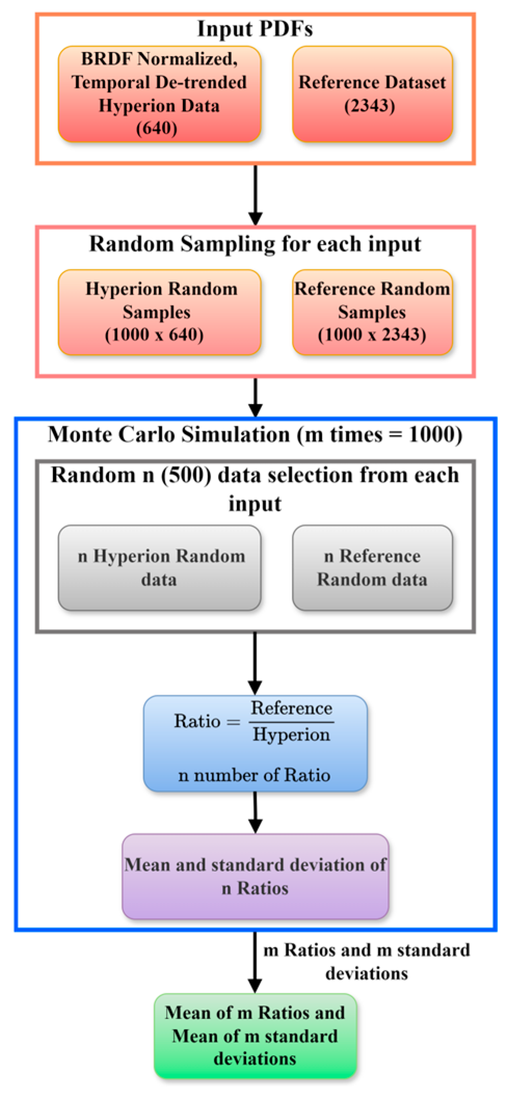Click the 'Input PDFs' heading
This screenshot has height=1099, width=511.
(255, 29)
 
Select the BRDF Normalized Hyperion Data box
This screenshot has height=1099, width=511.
(159, 94)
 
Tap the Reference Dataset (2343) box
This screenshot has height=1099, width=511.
(372, 94)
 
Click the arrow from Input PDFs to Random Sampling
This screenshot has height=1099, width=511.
(255, 195)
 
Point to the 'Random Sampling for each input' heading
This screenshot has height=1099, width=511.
(255, 244)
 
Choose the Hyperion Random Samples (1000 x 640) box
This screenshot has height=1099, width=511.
(159, 312)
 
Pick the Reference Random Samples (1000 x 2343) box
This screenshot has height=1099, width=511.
(372, 312)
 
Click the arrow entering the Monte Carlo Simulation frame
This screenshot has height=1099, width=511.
(255, 397)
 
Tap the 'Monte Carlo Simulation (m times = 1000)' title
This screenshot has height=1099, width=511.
(255, 435)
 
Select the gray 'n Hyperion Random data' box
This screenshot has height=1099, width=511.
(159, 567)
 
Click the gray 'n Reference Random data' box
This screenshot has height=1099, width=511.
(372, 567)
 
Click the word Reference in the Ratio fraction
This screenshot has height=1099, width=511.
(291, 708)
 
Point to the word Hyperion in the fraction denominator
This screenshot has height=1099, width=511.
(291, 735)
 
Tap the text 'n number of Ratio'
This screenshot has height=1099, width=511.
(254, 775)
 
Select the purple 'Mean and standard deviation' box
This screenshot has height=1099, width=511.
(255, 876)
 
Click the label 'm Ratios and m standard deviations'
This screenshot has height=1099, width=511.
(367, 961)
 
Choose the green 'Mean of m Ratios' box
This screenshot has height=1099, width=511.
(255, 1036)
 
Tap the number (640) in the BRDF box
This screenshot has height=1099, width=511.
(157, 128)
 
